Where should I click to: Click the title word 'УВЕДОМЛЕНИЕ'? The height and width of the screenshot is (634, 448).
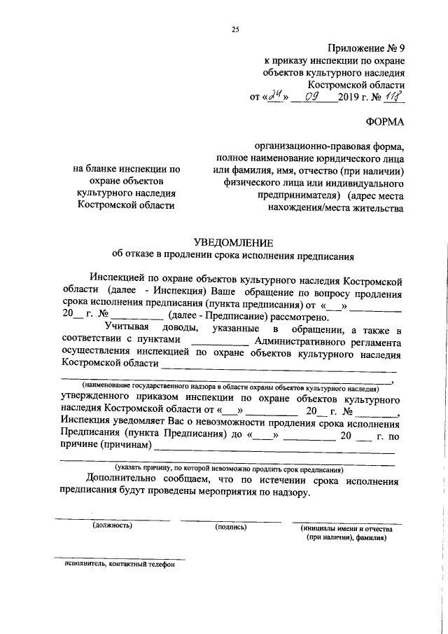click(233, 242)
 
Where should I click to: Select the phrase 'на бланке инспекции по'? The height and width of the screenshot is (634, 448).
click(127, 169)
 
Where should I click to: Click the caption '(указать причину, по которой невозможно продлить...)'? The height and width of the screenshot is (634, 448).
click(229, 469)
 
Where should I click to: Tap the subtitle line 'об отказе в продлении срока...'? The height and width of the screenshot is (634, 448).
click(233, 256)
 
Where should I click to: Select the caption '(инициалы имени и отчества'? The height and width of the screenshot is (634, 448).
click(346, 527)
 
